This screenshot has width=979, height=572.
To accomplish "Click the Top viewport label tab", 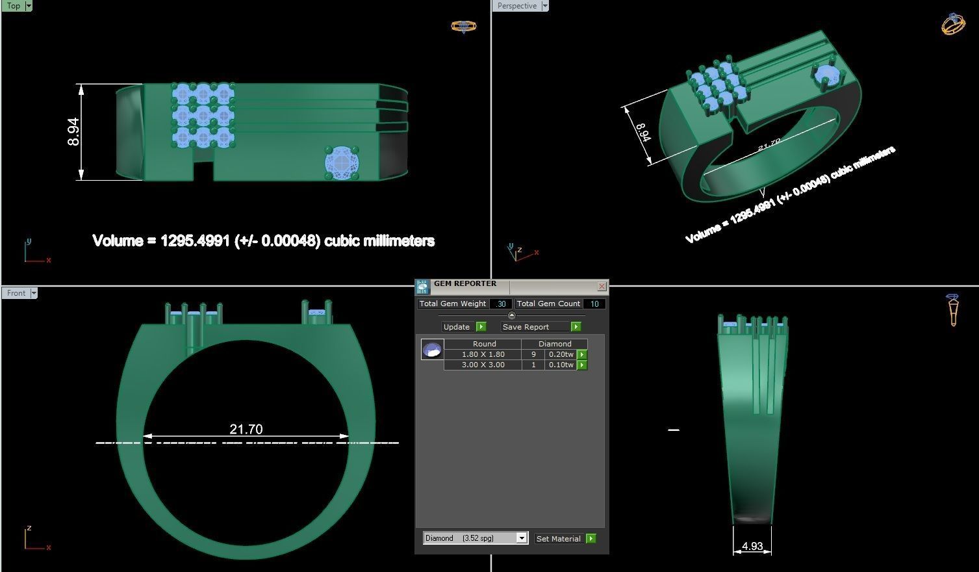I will [13, 6].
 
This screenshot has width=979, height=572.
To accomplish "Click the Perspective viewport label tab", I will [517, 6].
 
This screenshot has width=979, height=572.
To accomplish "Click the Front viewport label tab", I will [16, 293].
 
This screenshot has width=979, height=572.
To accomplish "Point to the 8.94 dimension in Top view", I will [73, 131].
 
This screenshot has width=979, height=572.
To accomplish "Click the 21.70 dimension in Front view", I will [246, 429].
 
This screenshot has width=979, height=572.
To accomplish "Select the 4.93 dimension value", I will [752, 546].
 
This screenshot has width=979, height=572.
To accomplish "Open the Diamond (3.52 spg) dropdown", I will [521, 538].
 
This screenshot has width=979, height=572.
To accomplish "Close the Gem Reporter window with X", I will [602, 286].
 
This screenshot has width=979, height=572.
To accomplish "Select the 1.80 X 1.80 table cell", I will [483, 354].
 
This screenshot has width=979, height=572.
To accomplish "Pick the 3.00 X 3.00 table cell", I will [483, 365].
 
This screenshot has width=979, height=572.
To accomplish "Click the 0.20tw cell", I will [561, 354].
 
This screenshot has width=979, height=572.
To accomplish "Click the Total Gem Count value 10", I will [594, 304].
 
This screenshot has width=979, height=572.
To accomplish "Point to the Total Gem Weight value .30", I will [501, 304].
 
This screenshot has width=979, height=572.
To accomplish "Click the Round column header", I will [484, 344].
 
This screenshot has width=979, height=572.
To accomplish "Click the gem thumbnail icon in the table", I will [432, 350].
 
